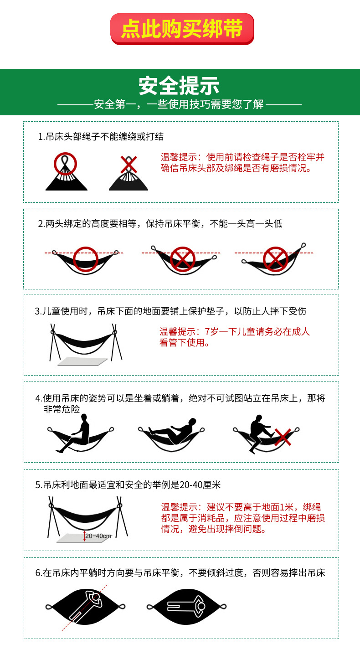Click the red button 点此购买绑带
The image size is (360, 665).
tap(182, 29)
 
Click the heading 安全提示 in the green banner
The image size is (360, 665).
tap(179, 86)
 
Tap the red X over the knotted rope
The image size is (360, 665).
tap(129, 165)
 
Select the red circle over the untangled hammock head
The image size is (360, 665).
tap(65, 164)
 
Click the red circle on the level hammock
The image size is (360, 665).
tap(86, 259)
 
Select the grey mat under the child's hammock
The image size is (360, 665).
tap(82, 361)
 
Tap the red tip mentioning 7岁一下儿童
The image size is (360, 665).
tap(234, 337)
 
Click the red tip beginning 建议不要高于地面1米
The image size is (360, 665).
tap(243, 518)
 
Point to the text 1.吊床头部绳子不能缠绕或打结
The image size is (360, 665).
tap(101, 137)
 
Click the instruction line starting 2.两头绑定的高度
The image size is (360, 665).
tap(160, 224)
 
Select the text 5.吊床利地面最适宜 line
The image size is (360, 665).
tap(128, 485)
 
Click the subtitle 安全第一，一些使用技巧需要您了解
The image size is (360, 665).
tap(179, 104)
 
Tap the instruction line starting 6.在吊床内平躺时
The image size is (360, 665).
tap(180, 573)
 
